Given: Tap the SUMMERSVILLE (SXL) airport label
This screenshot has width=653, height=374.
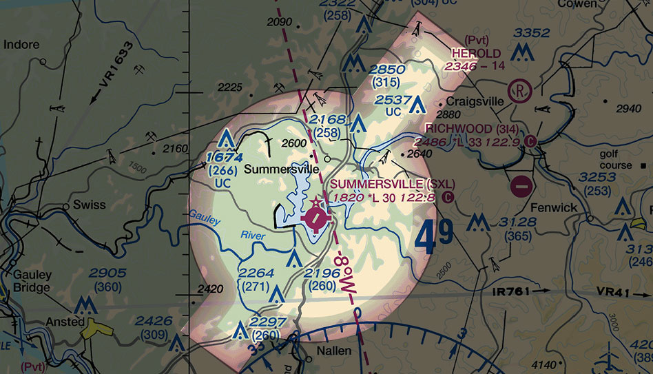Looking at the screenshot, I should coord(383,185).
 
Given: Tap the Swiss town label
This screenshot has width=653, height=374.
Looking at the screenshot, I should coord(89,205).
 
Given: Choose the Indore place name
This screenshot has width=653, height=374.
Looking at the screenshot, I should coord(22,45).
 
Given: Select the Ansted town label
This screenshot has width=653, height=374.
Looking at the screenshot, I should coord(65,322).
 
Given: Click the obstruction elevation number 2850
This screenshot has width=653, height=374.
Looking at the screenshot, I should coord(386,70).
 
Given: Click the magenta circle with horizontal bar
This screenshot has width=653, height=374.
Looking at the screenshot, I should coord(521,185).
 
